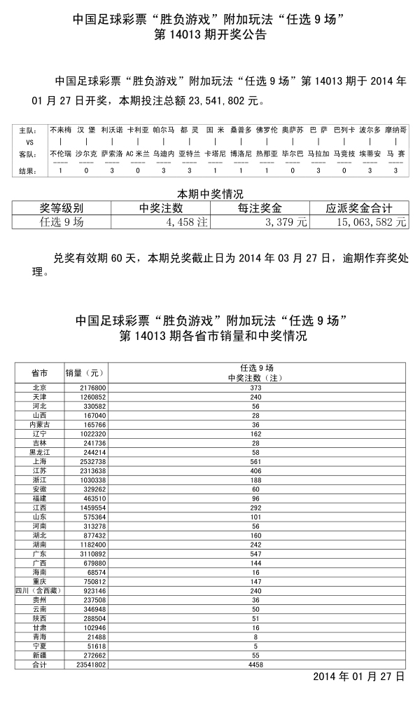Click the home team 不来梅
click(61, 130)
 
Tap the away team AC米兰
click(137, 153)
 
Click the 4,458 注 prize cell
click(185, 222)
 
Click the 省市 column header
click(40, 372)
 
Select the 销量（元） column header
click(84, 372)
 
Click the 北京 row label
click(40, 388)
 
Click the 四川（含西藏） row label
click(40, 592)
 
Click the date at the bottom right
click(358, 677)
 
